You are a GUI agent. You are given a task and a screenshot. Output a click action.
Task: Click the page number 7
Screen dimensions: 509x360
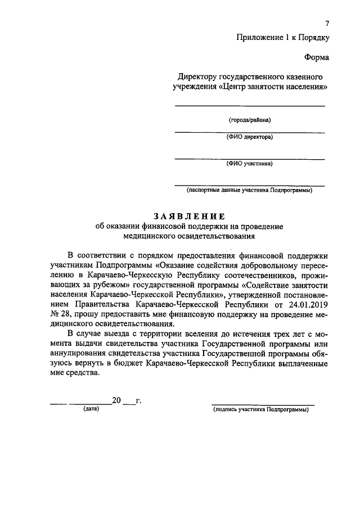tap(327, 23)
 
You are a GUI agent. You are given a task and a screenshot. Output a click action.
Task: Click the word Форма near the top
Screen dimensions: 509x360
tap(317, 57)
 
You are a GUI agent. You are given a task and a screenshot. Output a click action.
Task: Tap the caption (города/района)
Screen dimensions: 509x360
tap(249, 120)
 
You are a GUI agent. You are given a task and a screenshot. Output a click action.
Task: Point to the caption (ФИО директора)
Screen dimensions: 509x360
tap(249, 137)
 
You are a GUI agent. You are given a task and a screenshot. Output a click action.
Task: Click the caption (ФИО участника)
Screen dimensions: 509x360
tap(249, 164)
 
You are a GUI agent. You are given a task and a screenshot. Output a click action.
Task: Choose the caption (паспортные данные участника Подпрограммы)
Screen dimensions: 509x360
tap(250, 190)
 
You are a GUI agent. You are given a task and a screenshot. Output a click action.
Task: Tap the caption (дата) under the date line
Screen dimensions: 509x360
tap(91, 409)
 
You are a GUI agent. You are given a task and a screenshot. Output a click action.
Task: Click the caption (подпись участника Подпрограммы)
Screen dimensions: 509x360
tap(261, 409)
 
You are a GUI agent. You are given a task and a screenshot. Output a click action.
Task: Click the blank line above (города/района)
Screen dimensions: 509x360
tap(249, 106)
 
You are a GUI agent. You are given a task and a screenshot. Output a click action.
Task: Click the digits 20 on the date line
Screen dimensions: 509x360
tap(116, 400)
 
